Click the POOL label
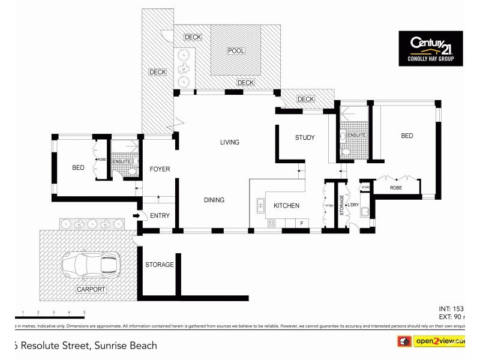(236, 51)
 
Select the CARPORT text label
(91, 289)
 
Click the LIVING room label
(229, 142)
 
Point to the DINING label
(214, 200)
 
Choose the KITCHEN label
(286, 206)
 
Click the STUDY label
(305, 138)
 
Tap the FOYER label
(160, 169)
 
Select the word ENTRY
(160, 216)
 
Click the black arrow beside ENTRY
(136, 216)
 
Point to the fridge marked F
(301, 223)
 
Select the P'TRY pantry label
(329, 206)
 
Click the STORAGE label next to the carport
(160, 265)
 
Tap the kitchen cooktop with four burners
(271, 224)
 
